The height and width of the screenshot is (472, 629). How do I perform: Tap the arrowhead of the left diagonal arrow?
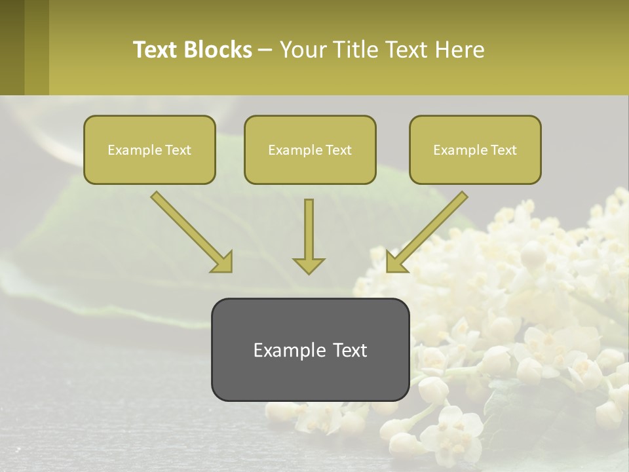tap(223, 262)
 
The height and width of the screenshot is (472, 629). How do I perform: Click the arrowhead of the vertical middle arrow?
tap(309, 265)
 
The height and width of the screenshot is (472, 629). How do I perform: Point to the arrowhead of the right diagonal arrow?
tap(395, 262)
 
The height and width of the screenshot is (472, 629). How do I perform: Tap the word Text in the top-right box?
tap(503, 150)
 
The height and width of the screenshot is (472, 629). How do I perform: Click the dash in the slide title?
tap(265, 50)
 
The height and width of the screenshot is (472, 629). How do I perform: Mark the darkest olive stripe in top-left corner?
tap(12, 47)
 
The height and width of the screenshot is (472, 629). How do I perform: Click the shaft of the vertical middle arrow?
tap(309, 226)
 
